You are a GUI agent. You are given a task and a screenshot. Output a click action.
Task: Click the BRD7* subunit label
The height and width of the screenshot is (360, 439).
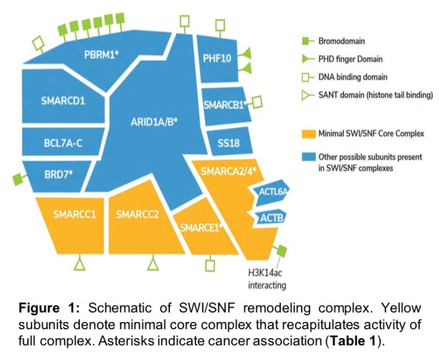coord(58,174)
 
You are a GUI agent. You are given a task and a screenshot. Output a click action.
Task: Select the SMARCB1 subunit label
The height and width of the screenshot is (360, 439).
coord(223,104)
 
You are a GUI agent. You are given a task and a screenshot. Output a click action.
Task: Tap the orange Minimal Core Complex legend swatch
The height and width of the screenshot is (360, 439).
coord(309,132)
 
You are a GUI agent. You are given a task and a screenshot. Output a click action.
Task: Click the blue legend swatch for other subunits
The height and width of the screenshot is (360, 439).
coord(309,157)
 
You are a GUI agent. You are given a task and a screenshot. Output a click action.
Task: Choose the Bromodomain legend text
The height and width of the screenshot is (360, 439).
coord(346,41)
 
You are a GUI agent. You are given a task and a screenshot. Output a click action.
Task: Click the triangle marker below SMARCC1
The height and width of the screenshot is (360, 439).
coord(80,264)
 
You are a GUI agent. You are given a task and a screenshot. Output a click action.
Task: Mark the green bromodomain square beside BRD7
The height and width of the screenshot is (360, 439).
coord(18,179)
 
